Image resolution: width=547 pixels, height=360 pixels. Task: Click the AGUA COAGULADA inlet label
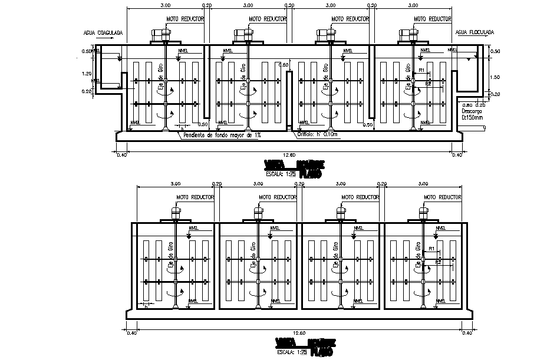click(x=103, y=33)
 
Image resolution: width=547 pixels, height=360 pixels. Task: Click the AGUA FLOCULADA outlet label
click(x=474, y=32)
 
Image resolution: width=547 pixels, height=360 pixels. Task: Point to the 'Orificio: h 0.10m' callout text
click(x=317, y=134)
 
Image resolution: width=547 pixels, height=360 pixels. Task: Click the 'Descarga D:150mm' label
click(x=472, y=114)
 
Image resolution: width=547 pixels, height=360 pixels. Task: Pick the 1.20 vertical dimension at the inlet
click(x=87, y=74)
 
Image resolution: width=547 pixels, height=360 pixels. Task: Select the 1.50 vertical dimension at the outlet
click(x=496, y=77)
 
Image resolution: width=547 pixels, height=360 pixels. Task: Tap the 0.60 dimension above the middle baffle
click(x=284, y=65)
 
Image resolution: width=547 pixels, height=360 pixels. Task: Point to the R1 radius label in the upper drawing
click(x=421, y=70)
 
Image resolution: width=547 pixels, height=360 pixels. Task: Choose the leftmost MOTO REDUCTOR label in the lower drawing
click(x=195, y=197)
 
